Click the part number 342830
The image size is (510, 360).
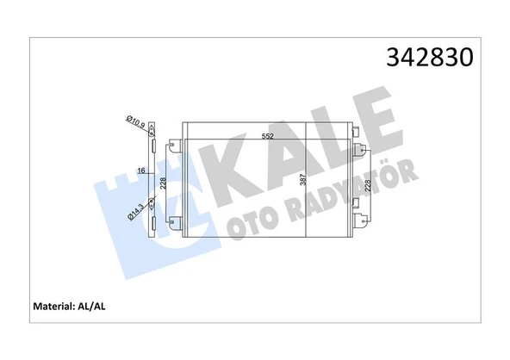[429, 59]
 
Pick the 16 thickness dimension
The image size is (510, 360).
[140, 171]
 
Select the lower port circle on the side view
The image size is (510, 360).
[152, 204]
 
